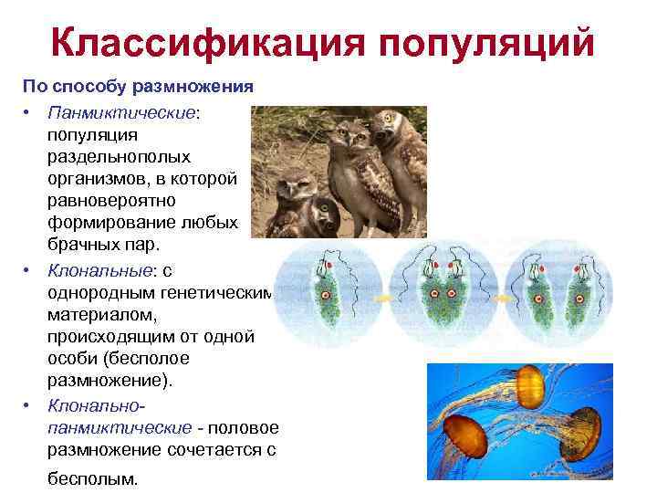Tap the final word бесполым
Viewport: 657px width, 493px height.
tap(91, 477)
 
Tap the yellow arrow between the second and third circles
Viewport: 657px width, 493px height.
tap(498, 298)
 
